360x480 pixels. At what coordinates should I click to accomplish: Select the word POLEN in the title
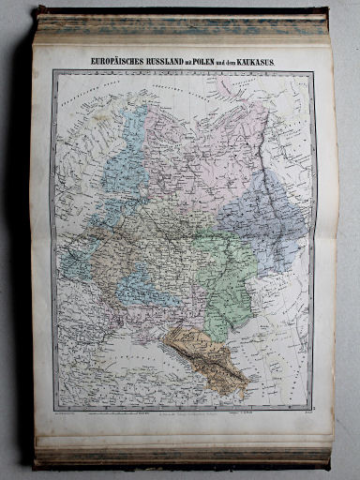pyautogui.click(x=225, y=62)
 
